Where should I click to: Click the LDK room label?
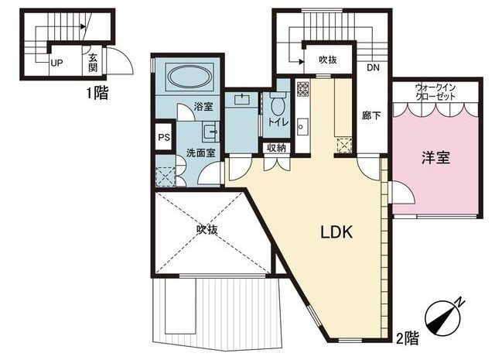[336, 232]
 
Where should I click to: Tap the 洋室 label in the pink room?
[436, 157]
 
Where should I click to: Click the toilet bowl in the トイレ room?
[278, 105]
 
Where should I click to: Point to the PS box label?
[164, 138]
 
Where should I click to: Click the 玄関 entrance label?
[93, 62]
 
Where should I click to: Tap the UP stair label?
[56, 63]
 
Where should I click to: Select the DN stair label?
[373, 67]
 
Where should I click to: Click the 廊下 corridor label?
[371, 115]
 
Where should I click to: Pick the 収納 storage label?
[277, 148]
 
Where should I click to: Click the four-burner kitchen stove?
[302, 88]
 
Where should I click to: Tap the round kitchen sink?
[301, 127]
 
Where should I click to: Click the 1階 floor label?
[98, 93]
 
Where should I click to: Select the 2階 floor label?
[408, 338]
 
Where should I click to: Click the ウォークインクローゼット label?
[435, 91]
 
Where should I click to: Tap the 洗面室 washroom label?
[201, 153]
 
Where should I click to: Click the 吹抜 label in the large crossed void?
[207, 229]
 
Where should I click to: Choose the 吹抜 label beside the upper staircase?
[327, 60]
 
